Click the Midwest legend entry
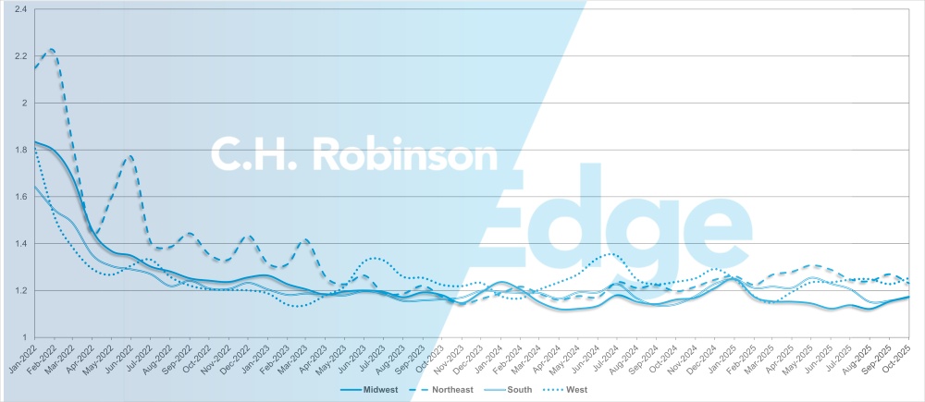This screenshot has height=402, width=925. pos(376,390)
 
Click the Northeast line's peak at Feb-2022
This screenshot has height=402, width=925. pos(52,49)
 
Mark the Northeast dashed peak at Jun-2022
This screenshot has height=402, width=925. pos(130,156)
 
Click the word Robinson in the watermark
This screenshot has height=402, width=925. pos(408,154)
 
